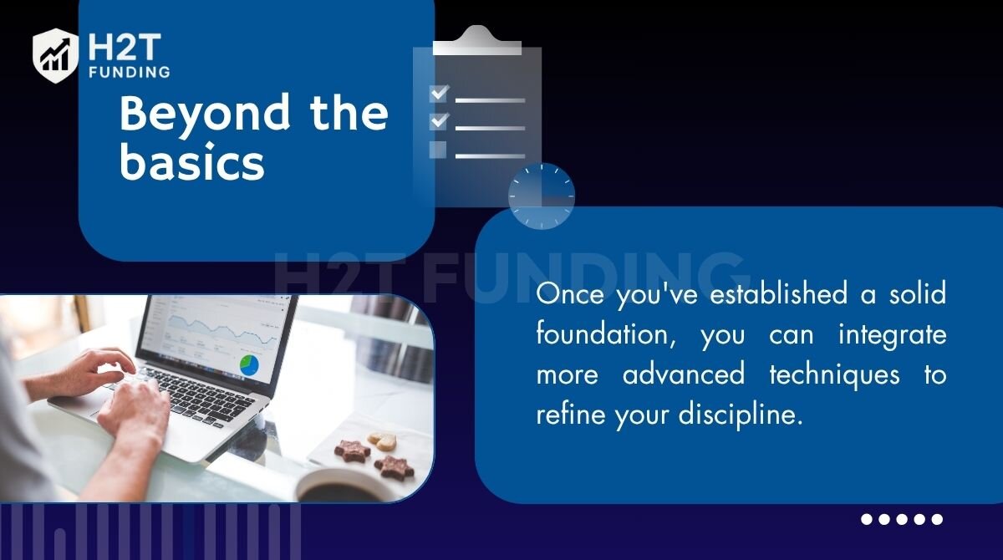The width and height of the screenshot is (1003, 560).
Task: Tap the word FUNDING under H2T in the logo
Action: (129, 72)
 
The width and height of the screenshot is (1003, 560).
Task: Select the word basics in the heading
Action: (192, 162)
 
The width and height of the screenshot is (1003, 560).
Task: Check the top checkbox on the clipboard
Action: (438, 94)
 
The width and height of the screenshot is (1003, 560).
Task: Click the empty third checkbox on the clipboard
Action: (437, 150)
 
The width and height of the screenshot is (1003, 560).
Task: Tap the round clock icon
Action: (542, 196)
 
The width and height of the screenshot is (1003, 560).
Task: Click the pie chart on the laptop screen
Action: (249, 365)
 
